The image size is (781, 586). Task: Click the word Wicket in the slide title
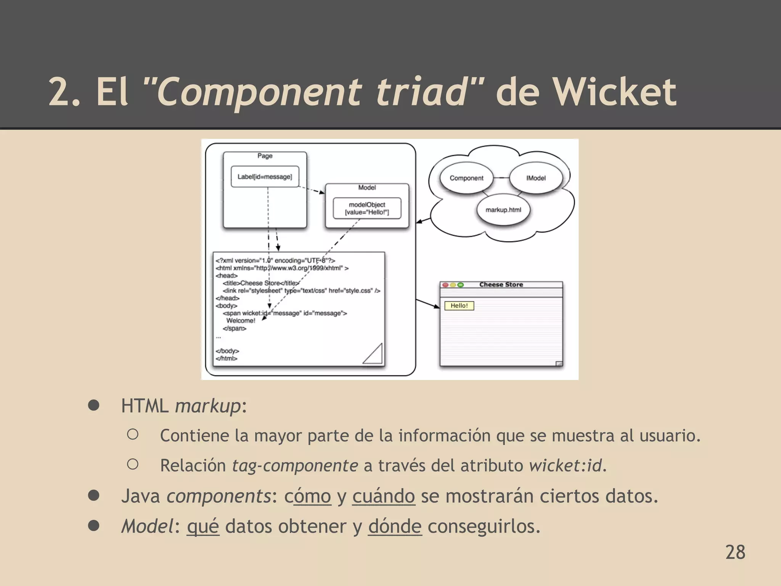[x=615, y=92]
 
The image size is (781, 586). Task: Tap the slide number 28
[x=735, y=552]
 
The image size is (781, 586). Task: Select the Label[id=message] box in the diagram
[x=265, y=177]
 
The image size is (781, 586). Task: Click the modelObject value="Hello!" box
[x=367, y=208]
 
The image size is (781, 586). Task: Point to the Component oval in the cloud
[x=466, y=178]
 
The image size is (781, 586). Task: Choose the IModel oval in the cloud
[x=536, y=178]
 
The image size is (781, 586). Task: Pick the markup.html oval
[x=503, y=210]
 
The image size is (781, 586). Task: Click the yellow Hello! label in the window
[x=459, y=306]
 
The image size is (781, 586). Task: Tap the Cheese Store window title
[x=501, y=285]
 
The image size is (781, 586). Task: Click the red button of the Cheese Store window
[x=445, y=285]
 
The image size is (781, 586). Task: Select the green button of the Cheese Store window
[x=460, y=285]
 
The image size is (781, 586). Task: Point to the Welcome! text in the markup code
[x=241, y=320]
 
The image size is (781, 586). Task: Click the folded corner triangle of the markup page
[x=374, y=354]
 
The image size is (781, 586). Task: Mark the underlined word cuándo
[x=383, y=496]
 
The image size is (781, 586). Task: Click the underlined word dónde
[x=395, y=526]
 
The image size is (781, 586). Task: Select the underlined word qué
[x=203, y=526]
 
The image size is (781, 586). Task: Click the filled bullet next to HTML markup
[x=94, y=405]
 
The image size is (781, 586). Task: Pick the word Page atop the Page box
[x=265, y=156]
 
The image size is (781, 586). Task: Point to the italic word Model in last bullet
[x=147, y=526]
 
